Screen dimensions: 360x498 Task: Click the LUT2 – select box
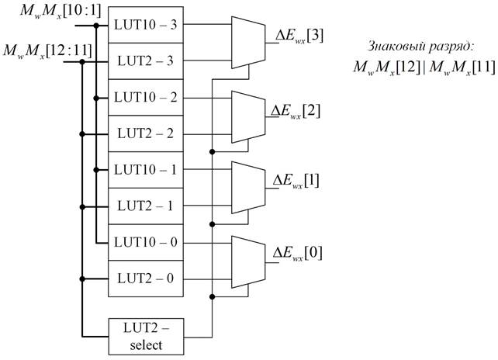145,335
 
